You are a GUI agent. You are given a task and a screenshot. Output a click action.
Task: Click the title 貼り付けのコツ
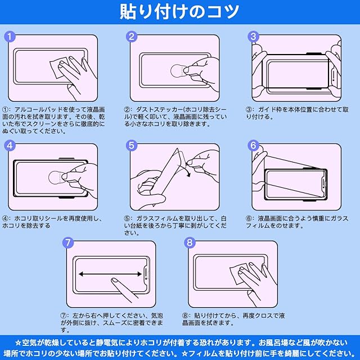click(x=179, y=11)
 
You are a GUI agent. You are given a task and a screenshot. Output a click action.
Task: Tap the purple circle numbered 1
click(x=10, y=37)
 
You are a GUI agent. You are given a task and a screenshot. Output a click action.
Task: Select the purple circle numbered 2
click(x=132, y=37)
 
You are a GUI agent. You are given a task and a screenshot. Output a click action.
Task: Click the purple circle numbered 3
click(x=253, y=37)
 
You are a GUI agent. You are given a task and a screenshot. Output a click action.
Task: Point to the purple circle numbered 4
click(x=10, y=146)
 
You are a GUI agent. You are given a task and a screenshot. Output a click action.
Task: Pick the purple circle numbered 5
click(x=132, y=146)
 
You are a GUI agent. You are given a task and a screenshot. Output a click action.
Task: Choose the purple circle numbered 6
click(x=253, y=146)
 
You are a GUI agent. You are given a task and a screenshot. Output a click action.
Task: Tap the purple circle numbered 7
click(x=68, y=242)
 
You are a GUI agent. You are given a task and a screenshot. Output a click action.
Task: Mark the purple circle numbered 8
click(x=190, y=242)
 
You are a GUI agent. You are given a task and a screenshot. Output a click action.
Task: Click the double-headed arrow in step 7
click(x=110, y=274)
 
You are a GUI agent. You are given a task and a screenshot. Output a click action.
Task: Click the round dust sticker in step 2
click(x=178, y=71)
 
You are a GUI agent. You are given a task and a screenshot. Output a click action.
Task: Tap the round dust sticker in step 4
click(x=56, y=178)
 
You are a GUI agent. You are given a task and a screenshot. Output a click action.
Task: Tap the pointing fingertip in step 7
click(x=114, y=281)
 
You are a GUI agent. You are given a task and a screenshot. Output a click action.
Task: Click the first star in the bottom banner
click(x=19, y=343)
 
